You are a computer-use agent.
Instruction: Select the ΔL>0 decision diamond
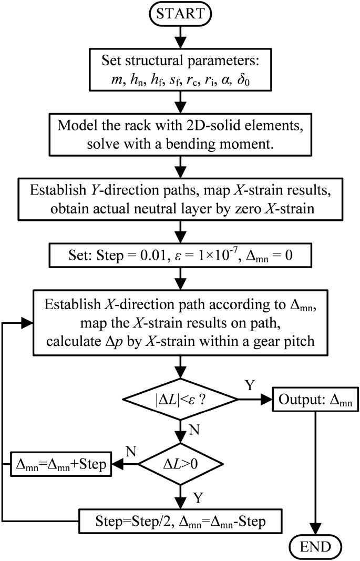pyautogui.click(x=180, y=464)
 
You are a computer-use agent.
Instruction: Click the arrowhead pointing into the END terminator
pyautogui.click(x=315, y=528)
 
